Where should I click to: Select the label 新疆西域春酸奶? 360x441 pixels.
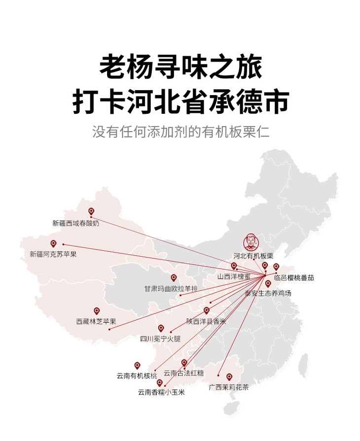point(76,223)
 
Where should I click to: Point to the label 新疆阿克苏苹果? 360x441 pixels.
point(53,254)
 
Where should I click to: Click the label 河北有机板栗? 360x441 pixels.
point(253,256)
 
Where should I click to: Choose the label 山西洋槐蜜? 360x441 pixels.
point(234,277)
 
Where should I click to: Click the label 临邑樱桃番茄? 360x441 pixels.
point(294,278)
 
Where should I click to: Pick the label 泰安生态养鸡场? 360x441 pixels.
point(268,294)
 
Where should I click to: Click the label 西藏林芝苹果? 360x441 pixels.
point(96,321)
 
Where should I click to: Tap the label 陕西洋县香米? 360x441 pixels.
point(206,321)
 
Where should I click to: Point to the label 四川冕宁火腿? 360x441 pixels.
point(160,339)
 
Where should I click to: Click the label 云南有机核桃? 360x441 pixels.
point(137,376)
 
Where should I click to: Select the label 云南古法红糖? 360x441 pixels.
point(184,373)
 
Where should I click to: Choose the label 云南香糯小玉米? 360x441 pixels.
point(161,393)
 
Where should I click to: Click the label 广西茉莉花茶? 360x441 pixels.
point(229,387)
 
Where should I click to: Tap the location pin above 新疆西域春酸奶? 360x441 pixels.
point(91,212)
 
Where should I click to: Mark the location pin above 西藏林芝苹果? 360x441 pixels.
point(97,311)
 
